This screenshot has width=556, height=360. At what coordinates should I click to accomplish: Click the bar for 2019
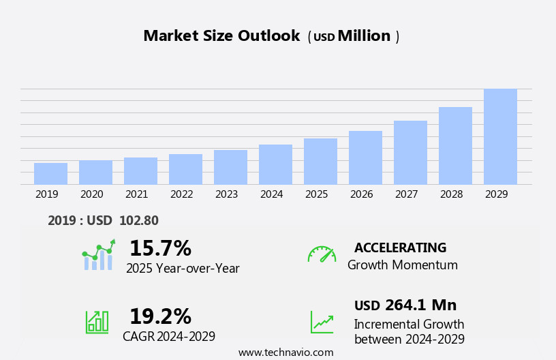[x=50, y=174]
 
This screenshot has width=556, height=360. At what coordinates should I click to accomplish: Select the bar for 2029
[x=500, y=136]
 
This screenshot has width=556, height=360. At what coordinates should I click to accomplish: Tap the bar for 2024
[x=275, y=164]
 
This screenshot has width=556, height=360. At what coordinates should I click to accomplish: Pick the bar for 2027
[x=410, y=153]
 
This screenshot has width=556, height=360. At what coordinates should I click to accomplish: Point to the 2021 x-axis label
[x=136, y=194]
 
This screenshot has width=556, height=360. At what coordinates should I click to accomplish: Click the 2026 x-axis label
[x=361, y=194]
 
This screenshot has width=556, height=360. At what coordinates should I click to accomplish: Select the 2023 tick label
[x=226, y=194]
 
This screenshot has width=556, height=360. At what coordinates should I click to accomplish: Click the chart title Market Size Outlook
[x=221, y=36]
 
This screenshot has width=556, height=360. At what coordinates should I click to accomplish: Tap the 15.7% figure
[x=160, y=248]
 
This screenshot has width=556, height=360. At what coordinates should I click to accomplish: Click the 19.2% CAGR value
[x=160, y=316]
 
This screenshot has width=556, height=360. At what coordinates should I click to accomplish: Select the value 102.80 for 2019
[x=138, y=221]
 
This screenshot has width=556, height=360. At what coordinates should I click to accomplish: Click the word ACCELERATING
[x=400, y=247]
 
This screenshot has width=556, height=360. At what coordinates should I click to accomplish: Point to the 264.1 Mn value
[x=420, y=305]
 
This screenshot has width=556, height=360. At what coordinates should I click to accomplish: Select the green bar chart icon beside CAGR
[x=97, y=321]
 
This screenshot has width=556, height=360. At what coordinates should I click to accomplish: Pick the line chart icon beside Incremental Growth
[x=322, y=322]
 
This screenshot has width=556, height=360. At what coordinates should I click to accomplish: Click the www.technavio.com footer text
[x=285, y=352]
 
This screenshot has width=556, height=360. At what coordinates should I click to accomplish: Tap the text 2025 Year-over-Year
[x=183, y=269]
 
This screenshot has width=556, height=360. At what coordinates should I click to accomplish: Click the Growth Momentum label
[x=402, y=265]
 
